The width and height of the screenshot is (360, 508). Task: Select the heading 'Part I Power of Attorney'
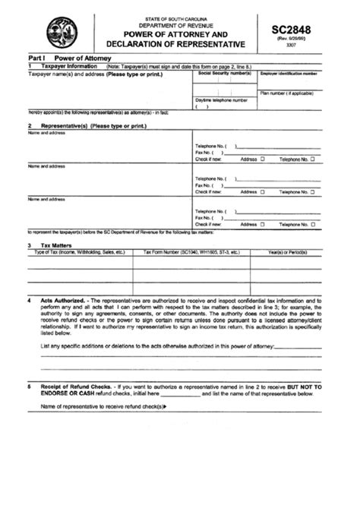click(x=63, y=58)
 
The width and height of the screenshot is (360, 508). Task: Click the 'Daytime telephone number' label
click(x=221, y=99)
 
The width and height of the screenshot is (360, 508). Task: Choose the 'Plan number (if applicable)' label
click(x=288, y=93)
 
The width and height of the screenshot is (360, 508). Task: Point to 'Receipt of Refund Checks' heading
click(x=78, y=387)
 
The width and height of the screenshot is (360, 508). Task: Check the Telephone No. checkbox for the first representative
click(x=311, y=159)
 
